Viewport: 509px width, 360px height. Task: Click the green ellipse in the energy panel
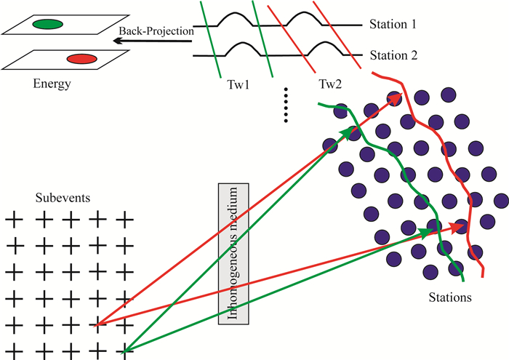pos(47,24)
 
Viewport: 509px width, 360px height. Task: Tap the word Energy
pos(52,84)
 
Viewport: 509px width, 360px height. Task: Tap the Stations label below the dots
pos(450,297)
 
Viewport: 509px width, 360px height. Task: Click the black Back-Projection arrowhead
pos(117,42)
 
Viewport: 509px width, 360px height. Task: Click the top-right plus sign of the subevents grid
pos(124,217)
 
